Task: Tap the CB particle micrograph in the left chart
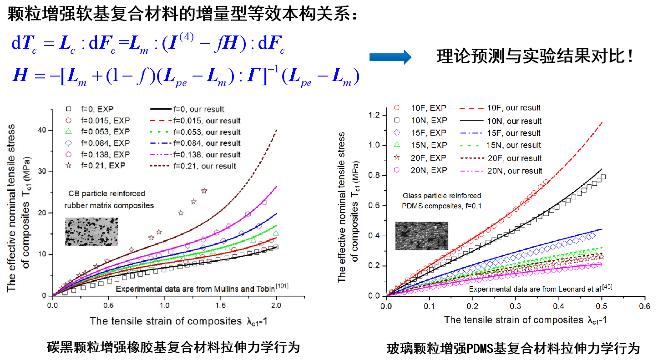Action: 91,231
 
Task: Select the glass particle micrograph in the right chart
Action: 421,236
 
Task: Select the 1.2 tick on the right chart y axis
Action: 374,115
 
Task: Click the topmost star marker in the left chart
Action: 204,191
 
